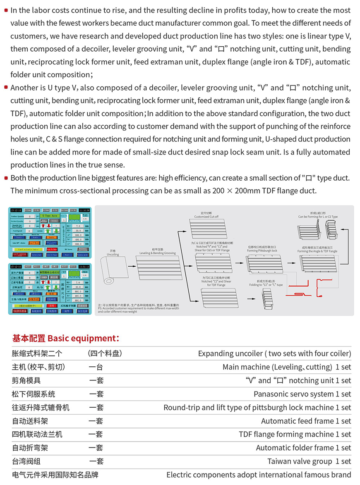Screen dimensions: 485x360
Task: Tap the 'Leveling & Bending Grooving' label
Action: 158,253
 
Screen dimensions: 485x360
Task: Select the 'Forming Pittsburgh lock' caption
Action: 262,251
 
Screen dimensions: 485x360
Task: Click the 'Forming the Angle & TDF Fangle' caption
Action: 317,251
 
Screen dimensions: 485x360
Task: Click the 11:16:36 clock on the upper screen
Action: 84,210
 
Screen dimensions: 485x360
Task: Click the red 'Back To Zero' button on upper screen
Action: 52,249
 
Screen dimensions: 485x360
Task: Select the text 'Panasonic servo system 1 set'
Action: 302,394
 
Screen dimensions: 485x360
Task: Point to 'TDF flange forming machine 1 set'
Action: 295,435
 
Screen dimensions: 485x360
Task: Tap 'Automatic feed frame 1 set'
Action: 306,421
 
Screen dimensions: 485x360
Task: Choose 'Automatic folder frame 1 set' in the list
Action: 303,448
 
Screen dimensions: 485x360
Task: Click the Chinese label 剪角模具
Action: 26,380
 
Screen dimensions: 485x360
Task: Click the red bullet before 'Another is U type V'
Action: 6,87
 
